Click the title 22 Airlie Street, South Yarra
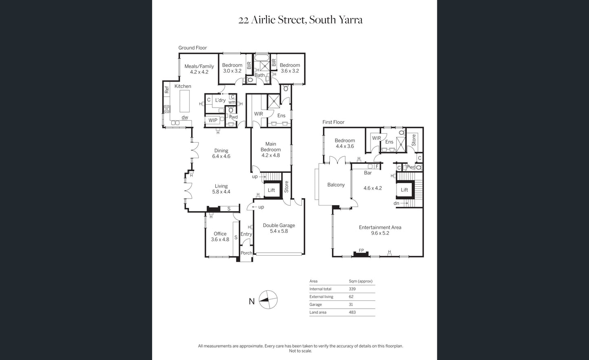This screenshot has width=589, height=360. click(300, 20)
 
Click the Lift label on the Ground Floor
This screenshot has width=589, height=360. click(271, 190)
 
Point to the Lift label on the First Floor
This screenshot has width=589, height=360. click(404, 190)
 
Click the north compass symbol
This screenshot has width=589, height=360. click(268, 300)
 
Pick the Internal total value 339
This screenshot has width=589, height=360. click(352, 289)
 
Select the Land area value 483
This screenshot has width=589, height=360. click(352, 312)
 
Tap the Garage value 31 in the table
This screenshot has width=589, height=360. click(351, 304)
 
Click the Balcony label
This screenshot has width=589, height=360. click(336, 185)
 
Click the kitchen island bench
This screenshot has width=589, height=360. click(185, 101)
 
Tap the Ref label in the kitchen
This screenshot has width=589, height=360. click(167, 90)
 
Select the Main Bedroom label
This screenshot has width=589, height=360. click(271, 149)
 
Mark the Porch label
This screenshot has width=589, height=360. click(246, 253)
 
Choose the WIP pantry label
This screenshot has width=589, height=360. click(213, 120)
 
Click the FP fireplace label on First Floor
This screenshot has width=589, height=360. click(361, 250)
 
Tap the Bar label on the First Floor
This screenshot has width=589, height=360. click(368, 173)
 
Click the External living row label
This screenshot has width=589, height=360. click(321, 297)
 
